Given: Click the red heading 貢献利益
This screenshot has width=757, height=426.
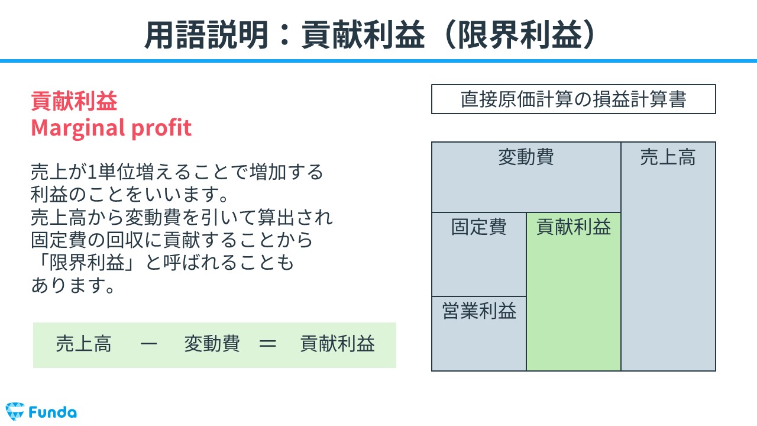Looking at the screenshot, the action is (x=74, y=101).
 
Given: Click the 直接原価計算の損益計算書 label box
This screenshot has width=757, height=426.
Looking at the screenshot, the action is (x=574, y=99).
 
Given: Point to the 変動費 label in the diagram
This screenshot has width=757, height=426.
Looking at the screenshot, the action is (x=526, y=157).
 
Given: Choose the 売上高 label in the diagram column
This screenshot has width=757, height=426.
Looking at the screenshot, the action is (x=668, y=157).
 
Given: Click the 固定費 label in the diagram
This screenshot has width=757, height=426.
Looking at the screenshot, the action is (x=479, y=227).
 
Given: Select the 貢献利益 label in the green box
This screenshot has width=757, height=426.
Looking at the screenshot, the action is (x=574, y=227).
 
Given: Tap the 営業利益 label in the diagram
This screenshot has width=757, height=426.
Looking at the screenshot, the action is (x=479, y=311).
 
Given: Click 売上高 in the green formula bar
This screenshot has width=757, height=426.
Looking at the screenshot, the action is (x=83, y=344).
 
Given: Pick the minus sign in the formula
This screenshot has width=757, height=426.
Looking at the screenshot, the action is (x=148, y=344).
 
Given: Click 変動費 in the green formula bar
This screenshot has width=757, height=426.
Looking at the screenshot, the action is (x=212, y=344).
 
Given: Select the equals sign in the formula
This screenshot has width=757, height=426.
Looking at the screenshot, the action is (x=268, y=344).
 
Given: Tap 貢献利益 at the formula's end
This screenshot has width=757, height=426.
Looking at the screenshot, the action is (x=338, y=344).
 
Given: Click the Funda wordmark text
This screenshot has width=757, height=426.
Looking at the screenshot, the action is (x=53, y=412).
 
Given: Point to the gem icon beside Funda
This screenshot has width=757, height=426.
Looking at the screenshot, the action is (x=15, y=411).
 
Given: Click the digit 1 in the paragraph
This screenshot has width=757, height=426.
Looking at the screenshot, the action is (x=92, y=172).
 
